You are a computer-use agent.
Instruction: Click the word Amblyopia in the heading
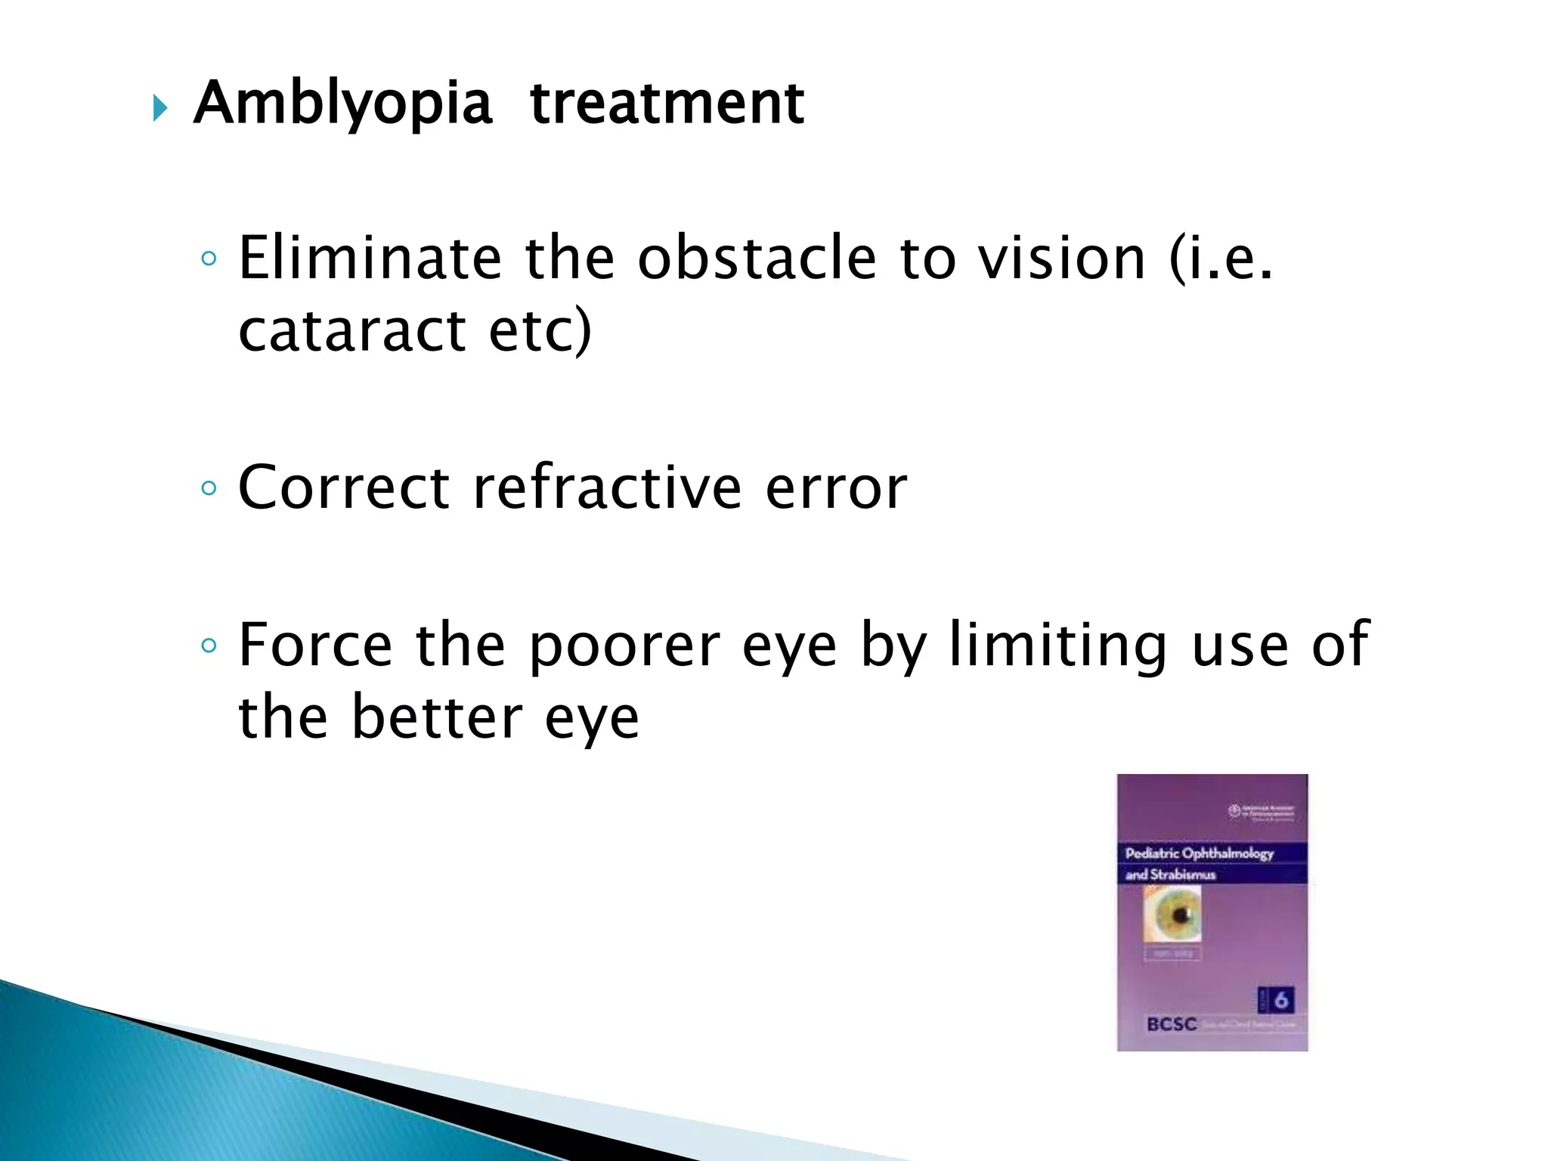342,104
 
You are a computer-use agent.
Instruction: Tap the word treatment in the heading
667,104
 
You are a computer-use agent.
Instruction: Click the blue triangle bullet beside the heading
159,107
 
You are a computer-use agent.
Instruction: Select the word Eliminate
370,259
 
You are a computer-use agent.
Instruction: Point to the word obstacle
757,259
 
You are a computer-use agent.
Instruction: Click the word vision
1062,259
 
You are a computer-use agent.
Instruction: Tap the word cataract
352,331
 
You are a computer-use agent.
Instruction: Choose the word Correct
344,488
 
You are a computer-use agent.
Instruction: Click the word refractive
607,488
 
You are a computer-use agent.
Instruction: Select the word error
835,489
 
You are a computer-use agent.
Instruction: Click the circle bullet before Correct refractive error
209,488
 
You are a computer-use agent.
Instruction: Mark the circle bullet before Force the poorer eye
209,646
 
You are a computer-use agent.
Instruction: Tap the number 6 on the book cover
1280,1000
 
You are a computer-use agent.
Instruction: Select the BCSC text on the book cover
1172,1024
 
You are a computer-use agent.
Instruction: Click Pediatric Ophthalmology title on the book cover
1199,853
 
